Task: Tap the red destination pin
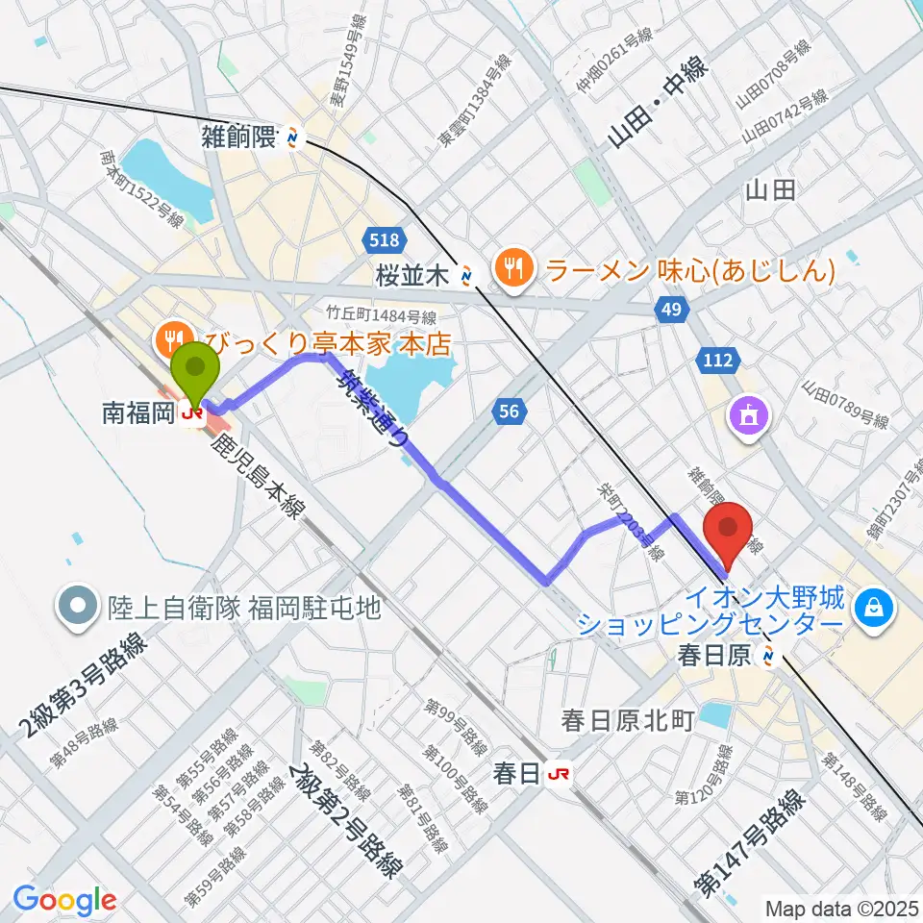(728, 534)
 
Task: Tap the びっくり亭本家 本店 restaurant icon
(173, 338)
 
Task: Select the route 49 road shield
(670, 309)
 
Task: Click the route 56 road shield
(511, 412)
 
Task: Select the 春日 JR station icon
(558, 772)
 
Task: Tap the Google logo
(65, 900)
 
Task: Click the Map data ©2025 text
(842, 907)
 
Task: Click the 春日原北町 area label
(627, 721)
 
